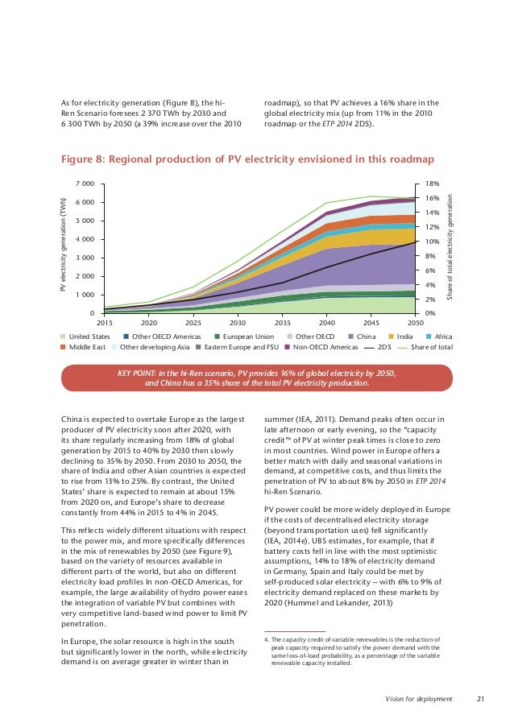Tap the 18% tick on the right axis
point(432,184)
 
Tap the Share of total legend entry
point(432,348)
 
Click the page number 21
point(482,696)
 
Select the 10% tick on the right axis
point(432,242)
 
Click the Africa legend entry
point(443,336)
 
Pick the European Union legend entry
point(244,336)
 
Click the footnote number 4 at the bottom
point(266,640)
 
